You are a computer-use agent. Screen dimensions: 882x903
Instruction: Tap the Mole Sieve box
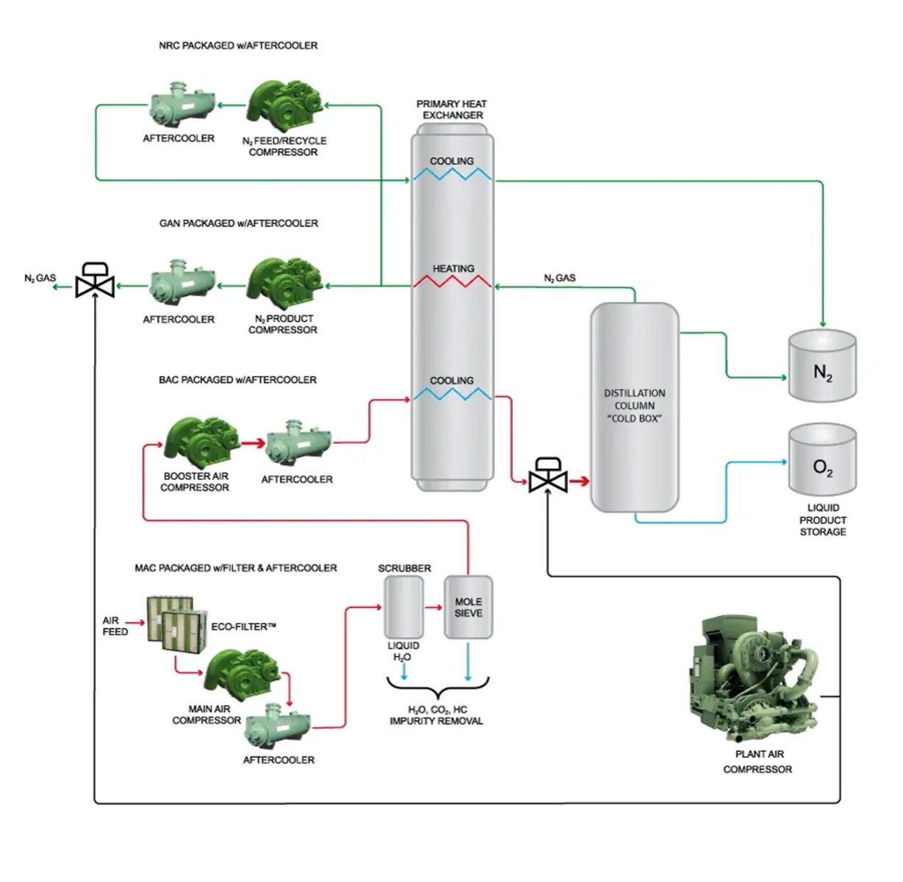tap(468, 607)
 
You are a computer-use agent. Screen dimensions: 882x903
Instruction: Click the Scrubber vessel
tap(403, 607)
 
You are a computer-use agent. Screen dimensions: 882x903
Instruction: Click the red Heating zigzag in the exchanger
tap(453, 282)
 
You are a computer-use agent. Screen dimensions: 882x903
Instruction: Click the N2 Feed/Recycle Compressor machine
tap(284, 107)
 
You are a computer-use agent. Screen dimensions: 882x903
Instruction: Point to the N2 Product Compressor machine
tap(284, 282)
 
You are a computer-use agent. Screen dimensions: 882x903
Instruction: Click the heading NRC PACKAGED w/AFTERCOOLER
tap(238, 46)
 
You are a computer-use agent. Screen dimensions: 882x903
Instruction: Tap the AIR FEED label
tap(115, 626)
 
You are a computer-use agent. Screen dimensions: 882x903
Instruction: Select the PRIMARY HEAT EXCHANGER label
tap(451, 110)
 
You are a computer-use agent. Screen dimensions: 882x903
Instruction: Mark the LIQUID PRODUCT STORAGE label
tap(823, 520)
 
